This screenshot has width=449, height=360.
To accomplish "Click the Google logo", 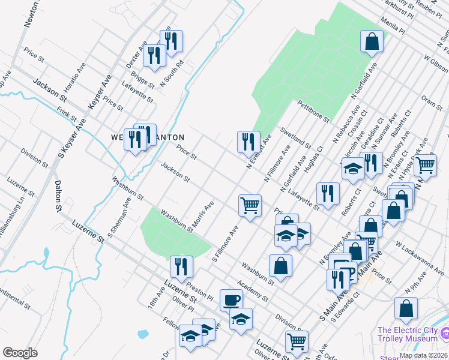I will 20,353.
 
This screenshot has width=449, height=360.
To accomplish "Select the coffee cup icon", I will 231,300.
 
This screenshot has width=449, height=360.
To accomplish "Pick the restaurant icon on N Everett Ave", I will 249,142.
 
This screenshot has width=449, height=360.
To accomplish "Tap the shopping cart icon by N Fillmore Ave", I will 250,205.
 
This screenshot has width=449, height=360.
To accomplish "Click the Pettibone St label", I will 313,112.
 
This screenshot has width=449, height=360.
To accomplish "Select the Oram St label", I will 432,101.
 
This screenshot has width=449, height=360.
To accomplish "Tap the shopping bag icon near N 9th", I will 406,308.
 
